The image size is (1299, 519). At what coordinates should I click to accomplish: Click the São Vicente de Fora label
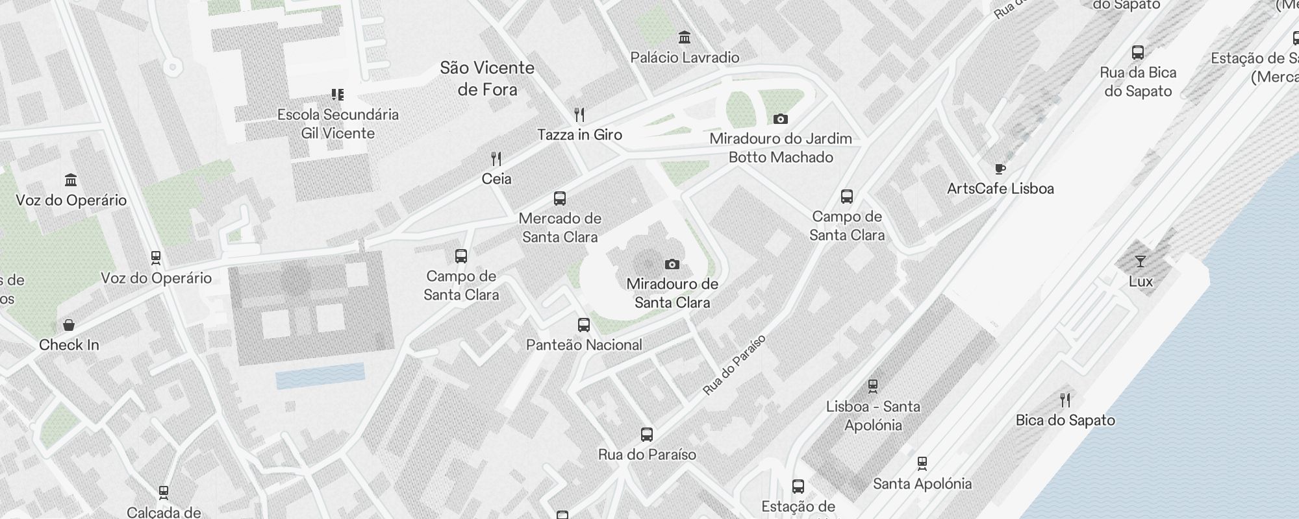(487, 78)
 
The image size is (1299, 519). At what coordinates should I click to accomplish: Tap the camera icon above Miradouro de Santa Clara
(672, 264)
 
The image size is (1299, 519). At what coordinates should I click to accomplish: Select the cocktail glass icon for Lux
(1141, 261)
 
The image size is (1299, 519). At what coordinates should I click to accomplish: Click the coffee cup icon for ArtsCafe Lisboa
(1000, 169)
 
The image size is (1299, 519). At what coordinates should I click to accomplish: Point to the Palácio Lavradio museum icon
(685, 37)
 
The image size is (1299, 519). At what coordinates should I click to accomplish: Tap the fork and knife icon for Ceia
(496, 158)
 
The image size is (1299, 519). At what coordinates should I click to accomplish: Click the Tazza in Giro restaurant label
(579, 135)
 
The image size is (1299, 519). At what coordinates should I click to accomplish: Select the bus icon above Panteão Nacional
(584, 325)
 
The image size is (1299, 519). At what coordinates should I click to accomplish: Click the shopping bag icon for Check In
(69, 325)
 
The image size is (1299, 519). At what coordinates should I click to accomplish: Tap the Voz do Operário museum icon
(71, 180)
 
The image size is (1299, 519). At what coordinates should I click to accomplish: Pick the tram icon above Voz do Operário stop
(156, 258)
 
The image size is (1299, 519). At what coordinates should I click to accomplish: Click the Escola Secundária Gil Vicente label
(338, 124)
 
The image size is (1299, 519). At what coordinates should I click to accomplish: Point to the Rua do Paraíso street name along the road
(735, 365)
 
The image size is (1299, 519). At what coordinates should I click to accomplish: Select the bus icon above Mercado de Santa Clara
(560, 199)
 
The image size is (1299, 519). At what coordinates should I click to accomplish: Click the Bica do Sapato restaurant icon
(1065, 400)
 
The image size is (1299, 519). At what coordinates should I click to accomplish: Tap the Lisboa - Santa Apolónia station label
(873, 416)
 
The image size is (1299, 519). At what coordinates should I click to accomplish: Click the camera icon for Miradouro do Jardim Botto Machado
(781, 119)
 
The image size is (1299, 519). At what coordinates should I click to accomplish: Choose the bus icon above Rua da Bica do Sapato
(1138, 53)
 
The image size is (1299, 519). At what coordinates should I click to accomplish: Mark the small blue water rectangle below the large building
(320, 376)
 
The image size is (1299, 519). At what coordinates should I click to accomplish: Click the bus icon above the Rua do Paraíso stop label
(647, 435)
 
